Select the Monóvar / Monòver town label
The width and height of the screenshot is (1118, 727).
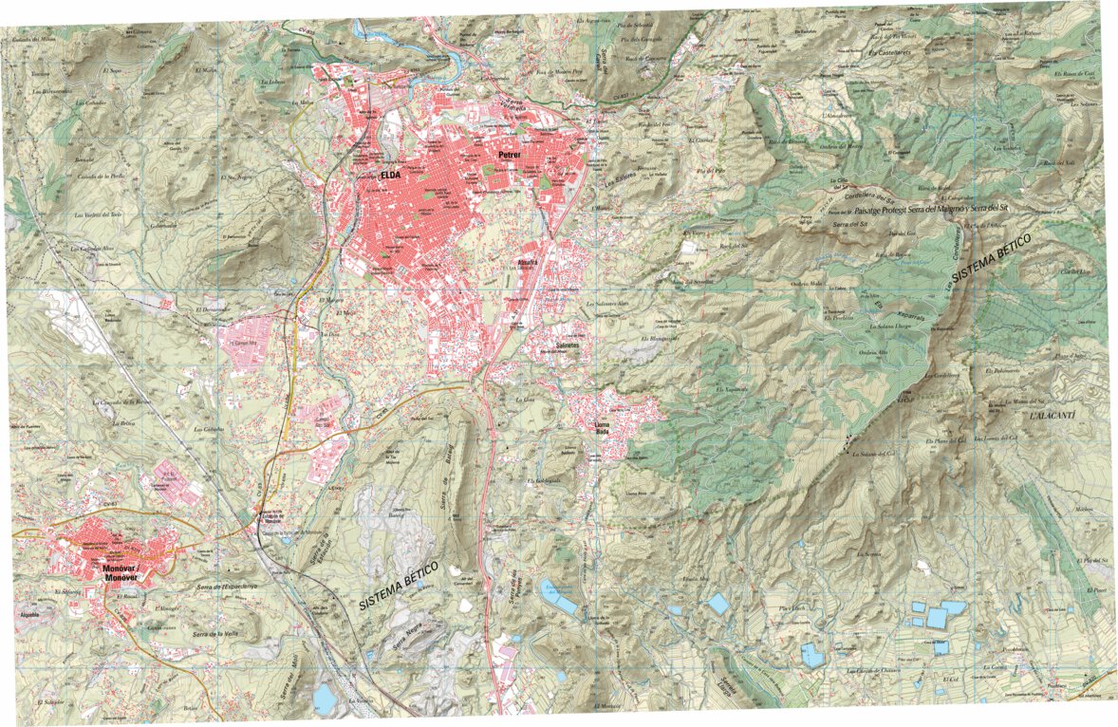[x=126, y=572]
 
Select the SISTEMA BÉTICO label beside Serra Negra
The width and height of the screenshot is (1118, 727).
[x=399, y=585]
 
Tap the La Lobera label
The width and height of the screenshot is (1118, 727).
[x=272, y=82]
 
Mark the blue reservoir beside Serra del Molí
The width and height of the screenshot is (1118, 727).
[x=325, y=699]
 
